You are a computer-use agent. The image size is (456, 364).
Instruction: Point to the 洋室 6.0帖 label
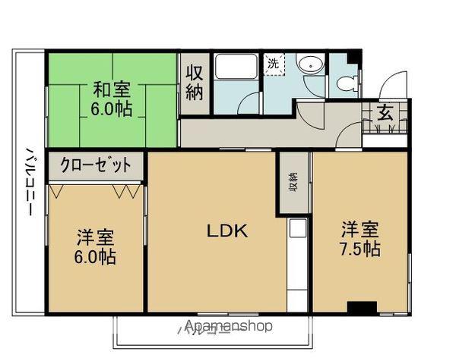96,246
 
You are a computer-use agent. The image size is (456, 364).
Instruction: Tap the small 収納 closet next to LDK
293,183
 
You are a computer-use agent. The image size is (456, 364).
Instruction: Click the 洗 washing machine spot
272,64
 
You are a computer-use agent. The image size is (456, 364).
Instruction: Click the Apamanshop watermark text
228,327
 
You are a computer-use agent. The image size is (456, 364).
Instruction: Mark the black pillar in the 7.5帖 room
362,306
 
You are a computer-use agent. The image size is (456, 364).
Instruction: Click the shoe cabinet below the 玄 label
385,135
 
